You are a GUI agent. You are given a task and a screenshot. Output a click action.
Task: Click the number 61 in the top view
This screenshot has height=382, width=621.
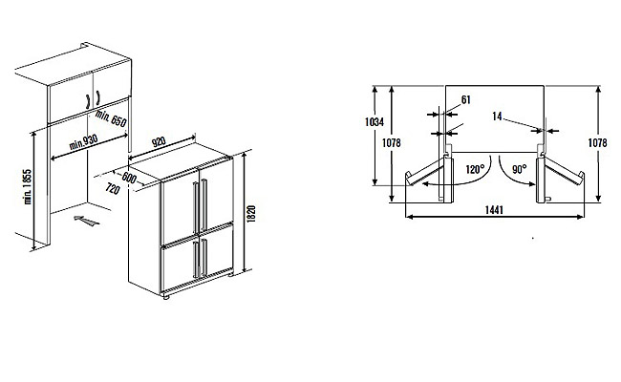(465, 99)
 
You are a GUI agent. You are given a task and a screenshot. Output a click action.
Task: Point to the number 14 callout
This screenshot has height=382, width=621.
(498, 117)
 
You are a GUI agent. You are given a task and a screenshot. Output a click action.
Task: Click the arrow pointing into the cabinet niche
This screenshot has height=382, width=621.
(85, 222)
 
